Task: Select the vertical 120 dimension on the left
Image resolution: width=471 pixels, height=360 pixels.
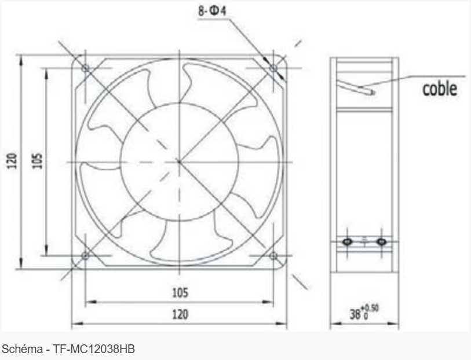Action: coord(13,161)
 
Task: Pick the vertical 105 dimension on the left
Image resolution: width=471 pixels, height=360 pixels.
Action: coord(36,161)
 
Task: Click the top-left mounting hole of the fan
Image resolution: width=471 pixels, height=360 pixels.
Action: coord(85,68)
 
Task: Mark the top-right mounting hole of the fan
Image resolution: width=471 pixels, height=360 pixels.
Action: coord(273,68)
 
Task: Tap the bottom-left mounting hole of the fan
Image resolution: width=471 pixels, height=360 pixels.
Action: coord(85,255)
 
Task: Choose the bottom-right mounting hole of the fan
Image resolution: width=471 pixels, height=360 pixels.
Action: coord(273,255)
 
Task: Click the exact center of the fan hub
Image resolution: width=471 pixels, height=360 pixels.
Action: coord(179,161)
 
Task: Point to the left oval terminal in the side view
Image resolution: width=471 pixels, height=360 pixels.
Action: coord(347,241)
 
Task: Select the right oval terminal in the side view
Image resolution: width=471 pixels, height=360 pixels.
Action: coord(381,241)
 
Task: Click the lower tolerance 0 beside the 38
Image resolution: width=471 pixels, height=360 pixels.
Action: coord(366,318)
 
